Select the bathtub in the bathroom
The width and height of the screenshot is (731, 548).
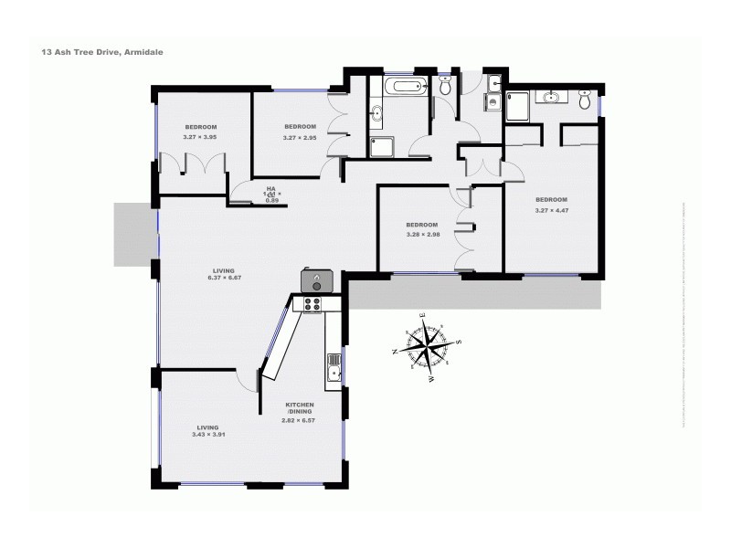(406, 89)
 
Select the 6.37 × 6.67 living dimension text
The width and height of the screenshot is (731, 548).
(223, 278)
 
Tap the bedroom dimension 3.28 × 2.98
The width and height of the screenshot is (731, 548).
(422, 234)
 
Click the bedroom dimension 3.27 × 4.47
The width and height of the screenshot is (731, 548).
(551, 209)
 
